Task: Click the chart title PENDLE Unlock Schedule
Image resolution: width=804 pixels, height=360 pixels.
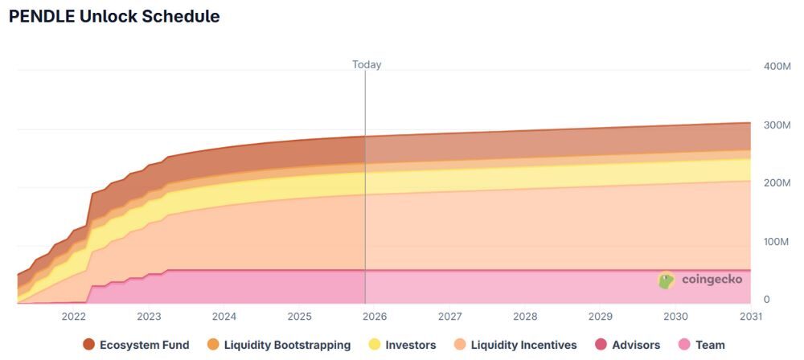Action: pos(114,17)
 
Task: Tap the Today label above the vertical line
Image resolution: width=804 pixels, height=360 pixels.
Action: pos(367,64)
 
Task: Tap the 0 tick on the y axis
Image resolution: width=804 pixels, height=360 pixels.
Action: pos(766,299)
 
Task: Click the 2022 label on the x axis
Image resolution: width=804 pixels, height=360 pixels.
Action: pos(73,317)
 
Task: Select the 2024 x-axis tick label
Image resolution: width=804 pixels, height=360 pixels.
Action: pos(224,317)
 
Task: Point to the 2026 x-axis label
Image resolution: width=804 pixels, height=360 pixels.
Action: pos(375,317)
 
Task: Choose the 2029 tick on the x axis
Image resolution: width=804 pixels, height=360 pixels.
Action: pos(600,317)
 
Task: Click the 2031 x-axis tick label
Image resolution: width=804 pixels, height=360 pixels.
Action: pos(750,317)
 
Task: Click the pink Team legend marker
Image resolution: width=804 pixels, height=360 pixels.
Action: pos(686,345)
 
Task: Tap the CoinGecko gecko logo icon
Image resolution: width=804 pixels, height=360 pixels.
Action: pos(666,280)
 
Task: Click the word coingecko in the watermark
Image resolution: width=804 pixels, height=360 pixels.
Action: pos(712,279)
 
